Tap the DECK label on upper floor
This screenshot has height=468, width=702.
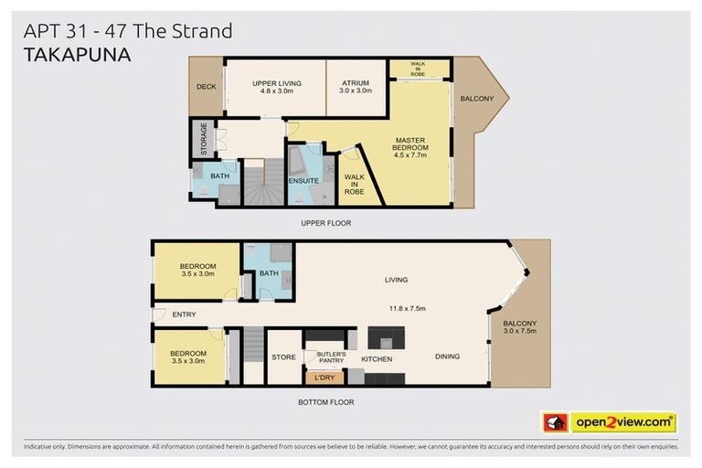coord(205,87)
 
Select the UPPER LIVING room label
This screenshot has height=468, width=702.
coord(276,87)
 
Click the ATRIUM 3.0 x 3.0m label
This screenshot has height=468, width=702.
coord(355,87)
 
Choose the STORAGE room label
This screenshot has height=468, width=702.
coord(204,140)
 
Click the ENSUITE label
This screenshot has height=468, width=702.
coord(303,181)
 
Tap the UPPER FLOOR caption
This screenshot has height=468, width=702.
coord(326,222)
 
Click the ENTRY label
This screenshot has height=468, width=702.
coord(184,315)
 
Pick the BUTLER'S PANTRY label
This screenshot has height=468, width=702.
coord(331,356)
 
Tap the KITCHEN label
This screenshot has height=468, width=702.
coord(377,359)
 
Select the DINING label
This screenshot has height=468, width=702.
coord(447,356)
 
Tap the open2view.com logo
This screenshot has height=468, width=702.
coord(622,423)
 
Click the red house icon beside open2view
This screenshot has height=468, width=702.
coord(555,423)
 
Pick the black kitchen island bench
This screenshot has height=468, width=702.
coord(384,335)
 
